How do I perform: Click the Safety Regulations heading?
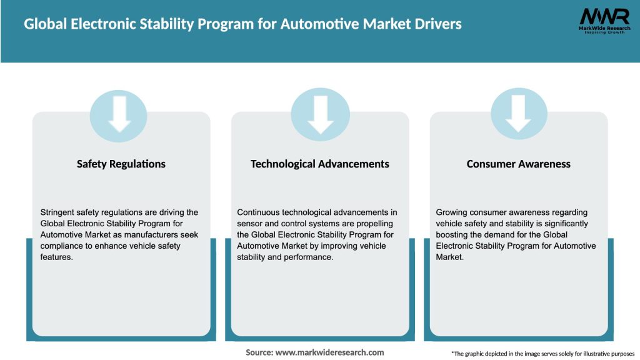coord(121,164)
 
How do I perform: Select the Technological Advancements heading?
coord(319,164)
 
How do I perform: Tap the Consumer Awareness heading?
coord(518,164)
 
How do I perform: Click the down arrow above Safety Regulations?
coord(119,114)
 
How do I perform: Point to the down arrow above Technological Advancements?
coord(320,114)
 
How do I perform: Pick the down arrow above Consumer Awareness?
coord(519,114)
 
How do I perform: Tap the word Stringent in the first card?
coord(57,212)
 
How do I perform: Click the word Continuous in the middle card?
coord(259,212)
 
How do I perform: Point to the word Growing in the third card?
coord(452,212)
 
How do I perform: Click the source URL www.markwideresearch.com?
coord(330,352)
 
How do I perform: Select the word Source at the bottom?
coord(259,352)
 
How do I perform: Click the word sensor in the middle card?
coord(249,224)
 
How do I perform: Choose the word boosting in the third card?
coord(452,235)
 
